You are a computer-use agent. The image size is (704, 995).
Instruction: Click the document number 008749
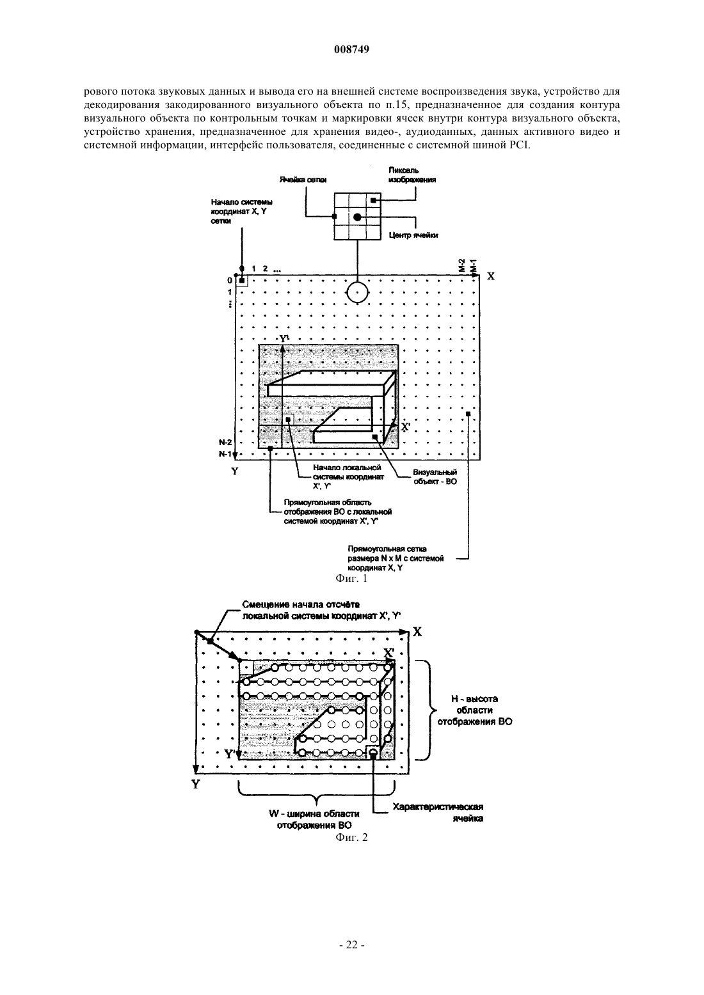[x=351, y=50]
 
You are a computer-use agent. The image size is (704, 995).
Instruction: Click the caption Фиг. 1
[x=351, y=578]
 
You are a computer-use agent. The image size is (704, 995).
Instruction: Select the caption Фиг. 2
[x=351, y=837]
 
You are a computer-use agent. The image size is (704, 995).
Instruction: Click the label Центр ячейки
[x=413, y=235]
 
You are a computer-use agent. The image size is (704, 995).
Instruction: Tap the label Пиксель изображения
[x=412, y=175]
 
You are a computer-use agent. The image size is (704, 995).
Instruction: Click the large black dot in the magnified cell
[x=357, y=217]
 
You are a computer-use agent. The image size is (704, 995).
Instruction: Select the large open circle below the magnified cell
[x=357, y=292]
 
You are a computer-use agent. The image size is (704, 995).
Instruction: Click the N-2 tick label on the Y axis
[x=225, y=443]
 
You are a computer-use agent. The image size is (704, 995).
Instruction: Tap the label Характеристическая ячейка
[x=438, y=813]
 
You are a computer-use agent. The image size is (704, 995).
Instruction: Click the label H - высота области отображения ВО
[x=475, y=710]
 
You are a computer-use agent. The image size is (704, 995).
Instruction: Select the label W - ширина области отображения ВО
[x=314, y=820]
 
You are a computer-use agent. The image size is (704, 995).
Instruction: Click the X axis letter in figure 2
[x=417, y=632]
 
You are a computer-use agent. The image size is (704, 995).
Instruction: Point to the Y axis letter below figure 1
[x=235, y=471]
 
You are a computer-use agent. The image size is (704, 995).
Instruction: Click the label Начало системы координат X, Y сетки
[x=242, y=212]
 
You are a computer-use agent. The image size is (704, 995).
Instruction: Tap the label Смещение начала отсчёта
[x=301, y=604]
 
